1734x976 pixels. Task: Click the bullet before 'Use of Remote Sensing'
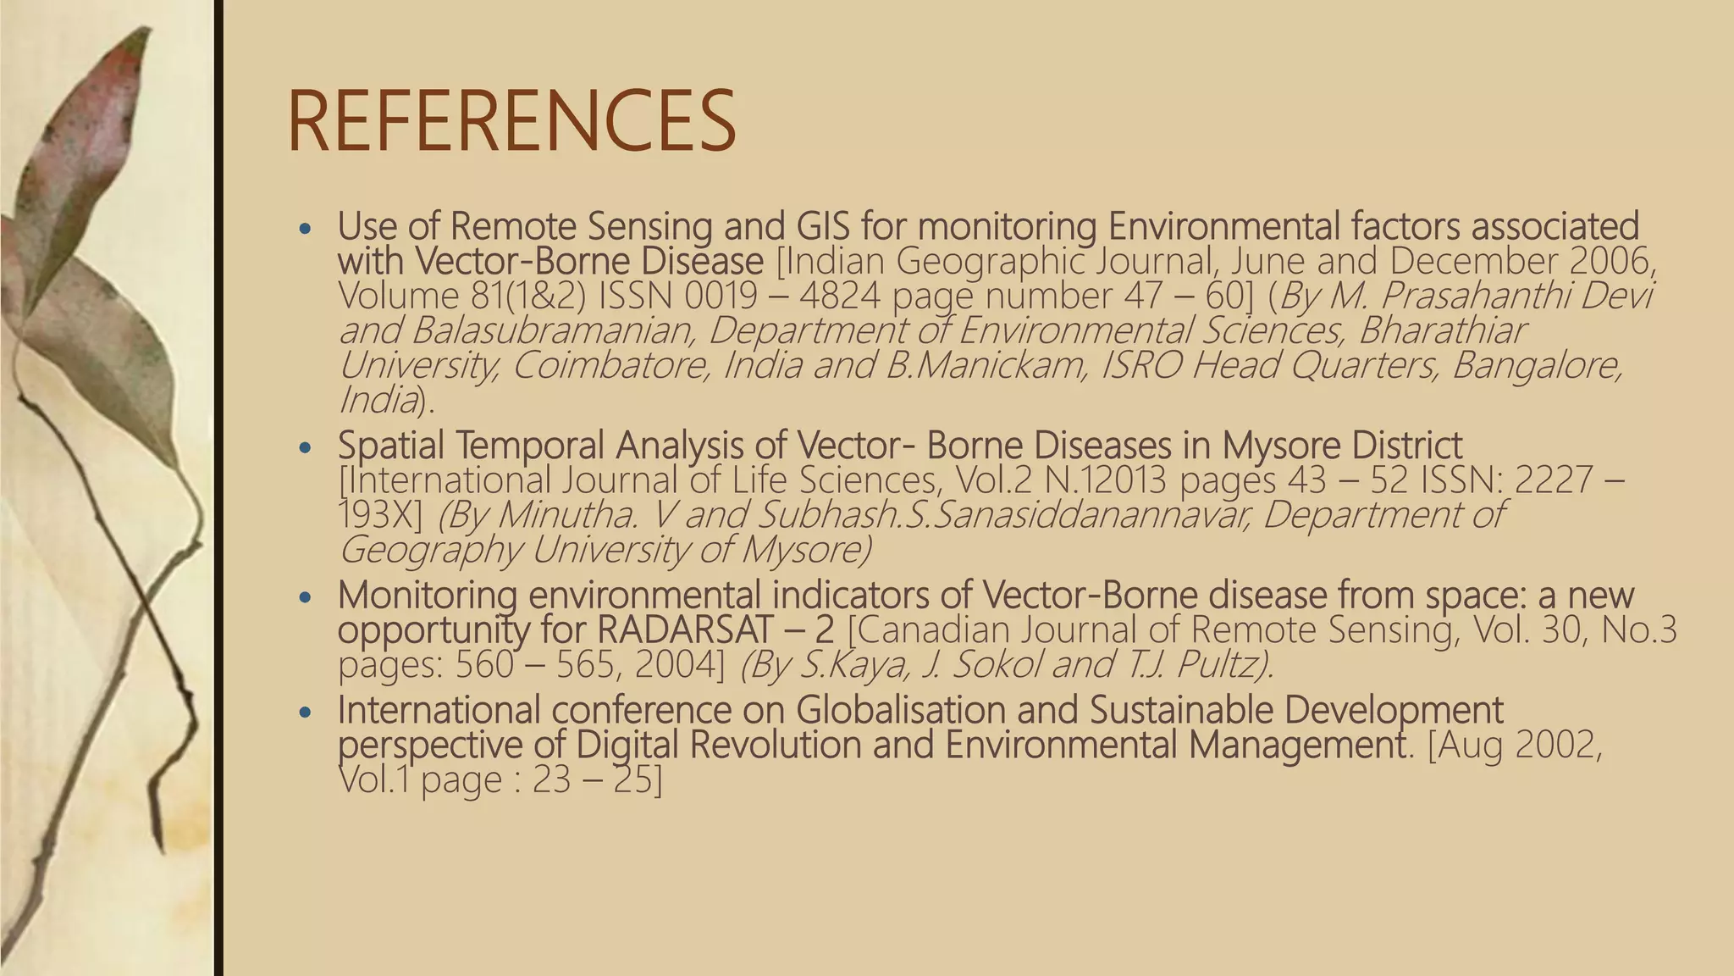coord(306,229)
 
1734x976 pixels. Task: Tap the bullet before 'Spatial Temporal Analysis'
coord(306,447)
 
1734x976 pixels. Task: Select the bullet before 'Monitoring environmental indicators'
coord(306,597)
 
